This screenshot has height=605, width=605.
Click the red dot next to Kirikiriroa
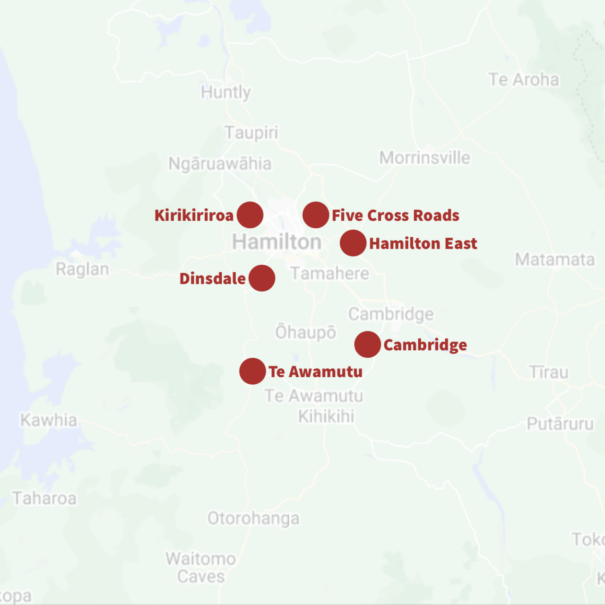click(250, 215)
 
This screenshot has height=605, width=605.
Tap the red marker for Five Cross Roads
click(316, 215)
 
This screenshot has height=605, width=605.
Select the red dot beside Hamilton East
click(353, 243)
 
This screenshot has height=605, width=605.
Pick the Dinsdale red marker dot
click(262, 278)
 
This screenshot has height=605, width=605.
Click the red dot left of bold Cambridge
click(368, 344)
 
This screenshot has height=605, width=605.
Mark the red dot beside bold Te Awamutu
click(252, 371)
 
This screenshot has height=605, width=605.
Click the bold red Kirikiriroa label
click(194, 216)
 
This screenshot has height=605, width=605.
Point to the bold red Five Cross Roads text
click(395, 216)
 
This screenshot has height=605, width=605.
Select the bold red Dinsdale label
click(213, 278)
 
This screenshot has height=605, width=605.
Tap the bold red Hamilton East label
click(423, 244)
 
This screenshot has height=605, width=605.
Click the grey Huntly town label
click(226, 92)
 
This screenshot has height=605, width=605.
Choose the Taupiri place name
click(251, 133)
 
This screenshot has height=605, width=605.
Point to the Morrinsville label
click(424, 158)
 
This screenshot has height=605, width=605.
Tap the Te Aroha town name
click(524, 80)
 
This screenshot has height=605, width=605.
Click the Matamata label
click(555, 259)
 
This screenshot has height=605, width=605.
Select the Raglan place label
click(82, 269)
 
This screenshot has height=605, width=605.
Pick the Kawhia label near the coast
click(49, 420)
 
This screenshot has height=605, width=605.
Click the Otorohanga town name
click(253, 519)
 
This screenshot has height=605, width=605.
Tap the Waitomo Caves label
click(201, 568)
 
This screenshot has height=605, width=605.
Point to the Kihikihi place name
click(326, 416)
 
